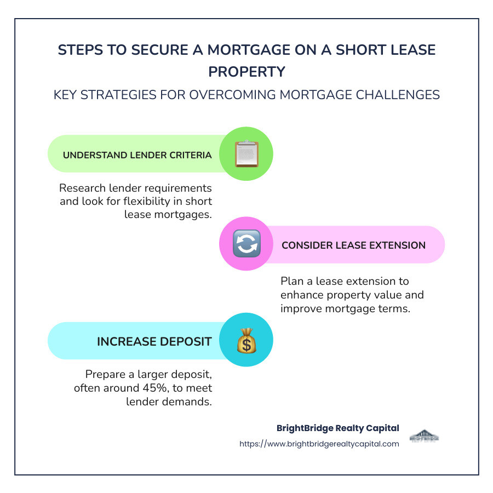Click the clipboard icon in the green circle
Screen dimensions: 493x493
point(246,154)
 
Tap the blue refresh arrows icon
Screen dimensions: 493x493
point(246,244)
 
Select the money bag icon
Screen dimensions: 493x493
point(246,341)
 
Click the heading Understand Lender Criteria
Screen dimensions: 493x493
point(137,155)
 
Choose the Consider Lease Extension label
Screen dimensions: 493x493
point(353,245)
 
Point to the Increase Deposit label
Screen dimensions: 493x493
point(154,342)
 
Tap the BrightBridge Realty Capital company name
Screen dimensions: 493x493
point(338,428)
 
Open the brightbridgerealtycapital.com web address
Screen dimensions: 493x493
point(319,444)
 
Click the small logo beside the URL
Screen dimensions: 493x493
point(424,437)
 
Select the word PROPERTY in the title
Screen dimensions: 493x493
point(246,72)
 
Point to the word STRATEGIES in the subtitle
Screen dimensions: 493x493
point(121,95)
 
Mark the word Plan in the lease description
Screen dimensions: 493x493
point(291,281)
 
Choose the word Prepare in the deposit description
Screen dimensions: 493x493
point(105,375)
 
